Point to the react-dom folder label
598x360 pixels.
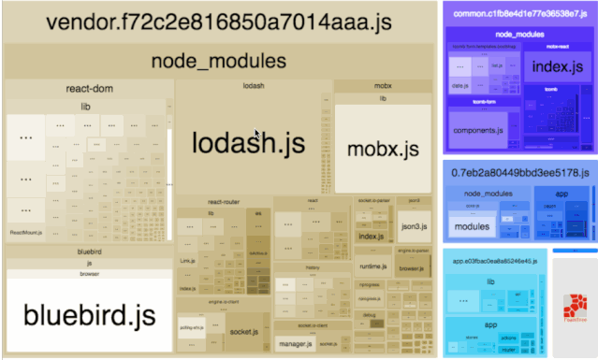pos(90,90)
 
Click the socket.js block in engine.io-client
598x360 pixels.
pos(244,331)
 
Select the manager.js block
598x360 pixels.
pos(295,345)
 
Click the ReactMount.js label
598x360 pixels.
pos(23,231)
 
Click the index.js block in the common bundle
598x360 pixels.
pos(558,66)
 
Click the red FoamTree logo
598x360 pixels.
pos(575,306)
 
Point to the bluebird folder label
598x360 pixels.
pos(89,252)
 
